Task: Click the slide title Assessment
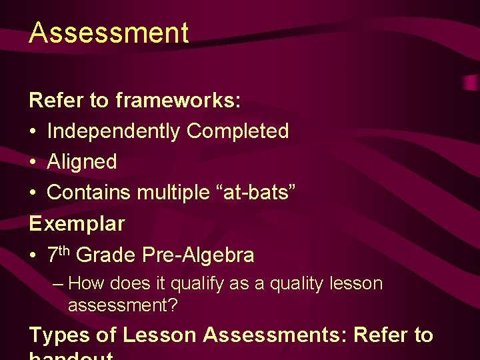[x=109, y=33]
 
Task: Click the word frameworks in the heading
[x=178, y=101]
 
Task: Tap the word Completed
[x=237, y=131]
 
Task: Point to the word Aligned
[x=81, y=162]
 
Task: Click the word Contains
[x=89, y=193]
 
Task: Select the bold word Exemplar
[x=77, y=223]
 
